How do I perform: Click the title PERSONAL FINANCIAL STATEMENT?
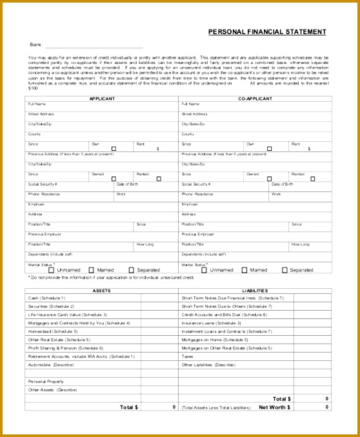[266, 32]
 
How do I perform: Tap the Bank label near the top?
[35, 45]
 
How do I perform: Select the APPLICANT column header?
[101, 99]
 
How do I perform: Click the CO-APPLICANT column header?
[255, 99]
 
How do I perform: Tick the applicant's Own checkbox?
[114, 148]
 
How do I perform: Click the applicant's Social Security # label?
[43, 184]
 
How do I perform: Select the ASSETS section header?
[101, 291]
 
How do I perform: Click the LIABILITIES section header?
[255, 291]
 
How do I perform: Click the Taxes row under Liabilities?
[188, 356]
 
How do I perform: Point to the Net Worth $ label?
[275, 407]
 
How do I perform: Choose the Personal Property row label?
[43, 382]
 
